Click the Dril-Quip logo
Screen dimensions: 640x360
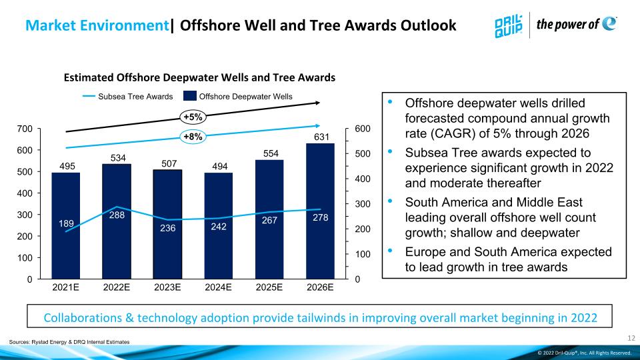(508, 26)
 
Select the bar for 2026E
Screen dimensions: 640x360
(320, 211)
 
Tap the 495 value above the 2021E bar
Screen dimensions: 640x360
(67, 166)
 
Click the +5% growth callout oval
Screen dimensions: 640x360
(193, 117)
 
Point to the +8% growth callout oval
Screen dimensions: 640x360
(193, 136)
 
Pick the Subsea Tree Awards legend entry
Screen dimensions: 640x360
(128, 97)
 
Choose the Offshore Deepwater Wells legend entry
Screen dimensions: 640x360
(238, 96)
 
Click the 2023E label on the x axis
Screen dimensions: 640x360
(167, 287)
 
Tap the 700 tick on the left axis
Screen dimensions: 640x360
(25, 129)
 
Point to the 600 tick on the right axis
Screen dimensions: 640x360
(363, 129)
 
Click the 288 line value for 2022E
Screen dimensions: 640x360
(117, 215)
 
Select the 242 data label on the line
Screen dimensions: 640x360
(219, 227)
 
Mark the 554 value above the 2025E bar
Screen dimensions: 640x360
(271, 153)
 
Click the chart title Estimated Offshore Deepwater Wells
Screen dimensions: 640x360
(199, 77)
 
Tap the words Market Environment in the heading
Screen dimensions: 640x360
(97, 25)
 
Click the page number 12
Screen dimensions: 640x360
(631, 338)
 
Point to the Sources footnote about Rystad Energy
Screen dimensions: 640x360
(69, 342)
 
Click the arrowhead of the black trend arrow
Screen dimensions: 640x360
(317, 103)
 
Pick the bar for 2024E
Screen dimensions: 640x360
(219, 226)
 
